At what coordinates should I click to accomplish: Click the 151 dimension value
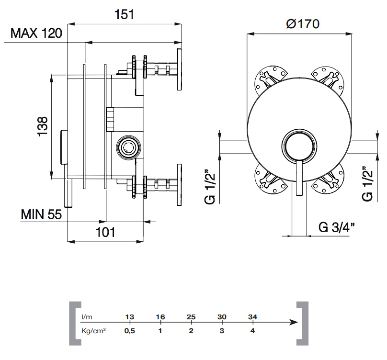pos(125,14)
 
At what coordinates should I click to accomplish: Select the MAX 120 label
pos(36,33)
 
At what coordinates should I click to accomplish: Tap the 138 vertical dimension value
pos(43,126)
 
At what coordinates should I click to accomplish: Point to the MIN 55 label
pos(41,214)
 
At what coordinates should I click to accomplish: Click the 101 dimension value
pos(105,232)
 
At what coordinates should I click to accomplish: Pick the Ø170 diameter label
pos(303,24)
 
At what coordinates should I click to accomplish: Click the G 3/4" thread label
pos(337,227)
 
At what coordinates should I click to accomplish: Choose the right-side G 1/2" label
pos(367,183)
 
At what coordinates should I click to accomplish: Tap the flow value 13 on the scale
pos(130,317)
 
